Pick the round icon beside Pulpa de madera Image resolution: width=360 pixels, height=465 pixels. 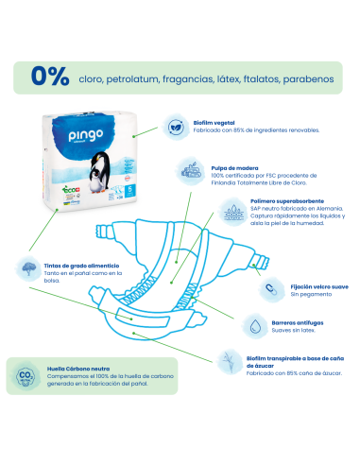coord(214,173)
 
